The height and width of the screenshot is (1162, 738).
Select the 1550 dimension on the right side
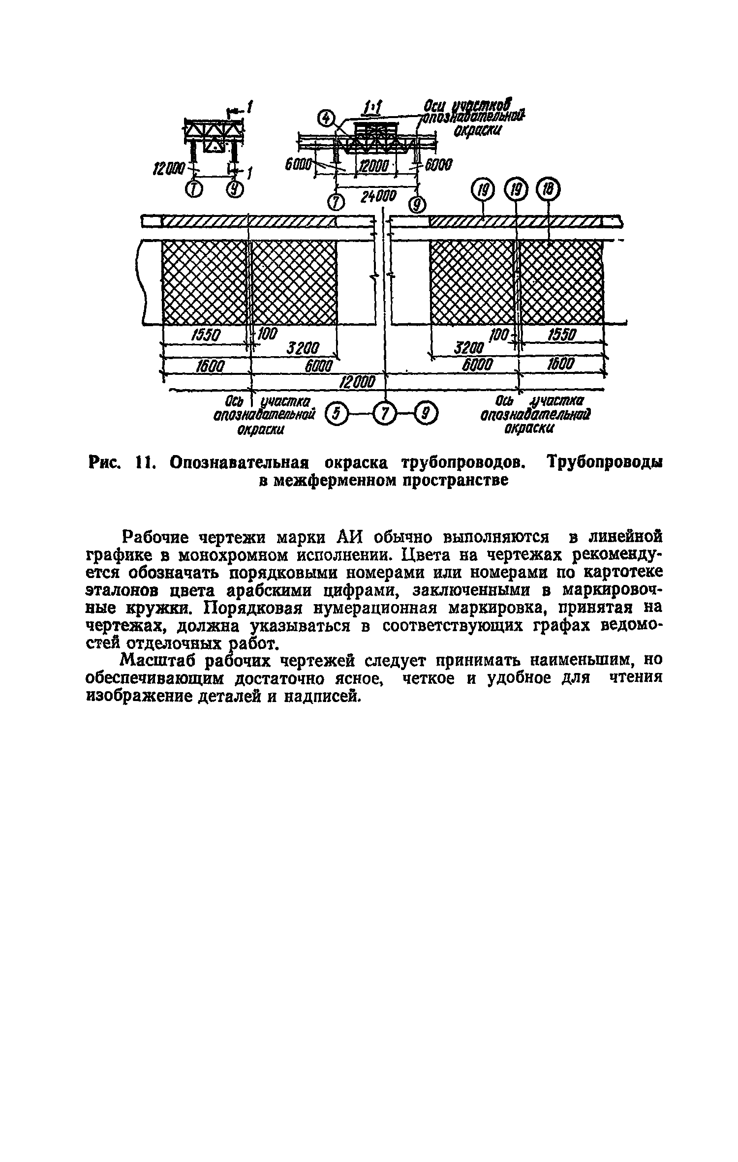click(561, 335)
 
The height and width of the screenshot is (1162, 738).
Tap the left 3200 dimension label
click(304, 349)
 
